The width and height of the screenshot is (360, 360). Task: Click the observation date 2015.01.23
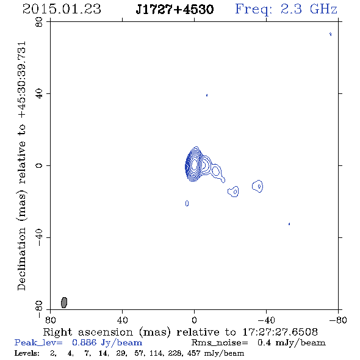(x=62, y=9)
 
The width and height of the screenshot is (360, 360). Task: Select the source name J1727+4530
(x=175, y=9)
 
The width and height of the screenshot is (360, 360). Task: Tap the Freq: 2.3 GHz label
(x=286, y=9)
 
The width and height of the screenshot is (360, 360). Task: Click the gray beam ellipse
(x=64, y=303)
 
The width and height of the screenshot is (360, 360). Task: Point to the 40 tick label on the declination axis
(x=39, y=94)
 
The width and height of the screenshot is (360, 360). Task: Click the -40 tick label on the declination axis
(x=39, y=237)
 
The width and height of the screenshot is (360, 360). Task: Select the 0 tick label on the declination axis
(x=39, y=165)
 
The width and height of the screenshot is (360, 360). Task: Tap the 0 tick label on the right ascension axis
(x=194, y=320)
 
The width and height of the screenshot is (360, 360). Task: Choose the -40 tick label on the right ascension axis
(x=266, y=320)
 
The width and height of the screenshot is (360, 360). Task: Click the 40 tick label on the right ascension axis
(x=122, y=320)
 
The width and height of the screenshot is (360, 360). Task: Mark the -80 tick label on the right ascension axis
(x=338, y=320)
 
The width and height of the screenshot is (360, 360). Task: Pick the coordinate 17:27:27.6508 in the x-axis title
(x=280, y=332)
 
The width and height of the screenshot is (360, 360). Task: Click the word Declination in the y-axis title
(x=21, y=259)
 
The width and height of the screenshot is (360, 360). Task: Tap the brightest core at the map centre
(x=194, y=164)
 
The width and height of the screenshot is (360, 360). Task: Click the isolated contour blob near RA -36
(x=257, y=186)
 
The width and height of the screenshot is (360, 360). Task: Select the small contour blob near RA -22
(x=233, y=192)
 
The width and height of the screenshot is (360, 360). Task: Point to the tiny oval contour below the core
(x=187, y=203)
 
